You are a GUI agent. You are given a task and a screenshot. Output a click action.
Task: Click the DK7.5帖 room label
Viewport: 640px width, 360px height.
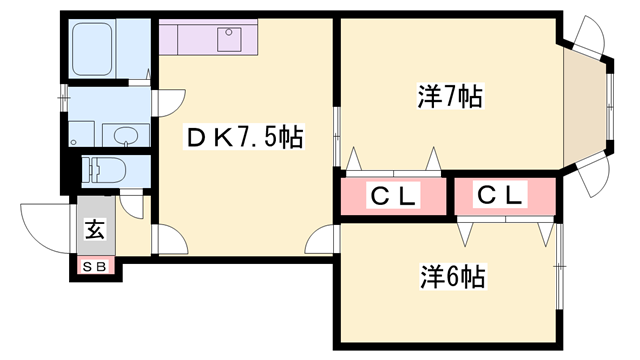click(244, 136)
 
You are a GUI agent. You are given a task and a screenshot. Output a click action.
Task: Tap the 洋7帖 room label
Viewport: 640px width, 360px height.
click(450, 97)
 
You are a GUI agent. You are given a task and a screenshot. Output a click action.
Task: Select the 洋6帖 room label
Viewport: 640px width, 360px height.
click(451, 276)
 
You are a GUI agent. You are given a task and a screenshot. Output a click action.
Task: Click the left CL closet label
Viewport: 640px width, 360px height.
click(393, 196)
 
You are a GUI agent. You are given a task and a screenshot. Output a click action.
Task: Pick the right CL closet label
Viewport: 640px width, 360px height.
click(499, 196)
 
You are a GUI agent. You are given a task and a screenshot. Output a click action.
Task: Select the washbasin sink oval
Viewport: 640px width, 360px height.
click(126, 135)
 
